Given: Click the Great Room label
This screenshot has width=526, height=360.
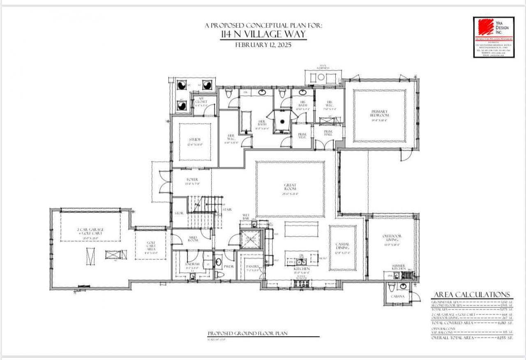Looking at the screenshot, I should [290, 187].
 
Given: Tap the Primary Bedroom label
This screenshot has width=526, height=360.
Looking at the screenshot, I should [379, 113].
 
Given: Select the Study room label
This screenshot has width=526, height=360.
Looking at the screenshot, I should [195, 140].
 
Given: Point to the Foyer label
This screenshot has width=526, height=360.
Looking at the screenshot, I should [192, 180].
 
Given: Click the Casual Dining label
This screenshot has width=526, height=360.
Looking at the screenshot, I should [342, 246].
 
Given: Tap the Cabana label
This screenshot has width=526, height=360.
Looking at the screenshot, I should [397, 296].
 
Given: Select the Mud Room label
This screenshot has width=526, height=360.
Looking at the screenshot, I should [193, 238].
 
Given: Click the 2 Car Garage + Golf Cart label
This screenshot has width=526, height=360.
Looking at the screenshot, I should [90, 231].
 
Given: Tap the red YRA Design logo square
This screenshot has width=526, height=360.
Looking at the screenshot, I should [485, 28].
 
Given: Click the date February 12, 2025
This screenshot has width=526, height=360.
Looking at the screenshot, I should [263, 45].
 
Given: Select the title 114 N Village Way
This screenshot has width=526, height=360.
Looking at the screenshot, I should [263, 34].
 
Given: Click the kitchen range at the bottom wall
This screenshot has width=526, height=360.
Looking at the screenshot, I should [300, 283].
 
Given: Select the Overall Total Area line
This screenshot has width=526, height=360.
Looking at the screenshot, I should [472, 337].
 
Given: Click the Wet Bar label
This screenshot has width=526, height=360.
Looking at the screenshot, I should [246, 217].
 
